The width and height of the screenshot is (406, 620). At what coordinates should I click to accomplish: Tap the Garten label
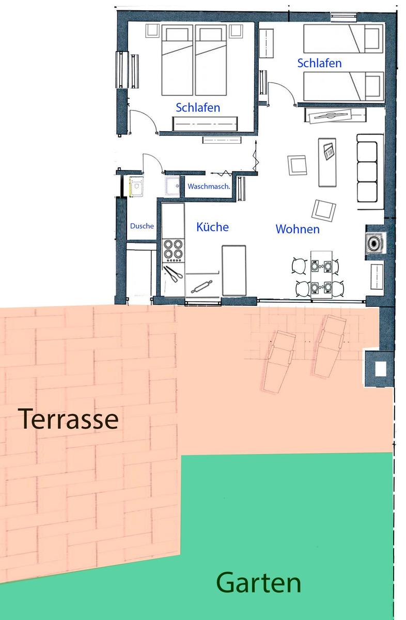258,583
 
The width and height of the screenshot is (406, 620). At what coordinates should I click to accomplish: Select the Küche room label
212,227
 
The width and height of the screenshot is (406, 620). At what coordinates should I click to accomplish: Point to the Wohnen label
298,229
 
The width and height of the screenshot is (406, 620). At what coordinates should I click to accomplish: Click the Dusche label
142,226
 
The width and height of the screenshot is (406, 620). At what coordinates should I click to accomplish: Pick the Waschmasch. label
209,187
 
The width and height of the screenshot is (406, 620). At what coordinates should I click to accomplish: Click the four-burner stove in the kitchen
173,251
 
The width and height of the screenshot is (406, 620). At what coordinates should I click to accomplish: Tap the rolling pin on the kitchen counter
201,286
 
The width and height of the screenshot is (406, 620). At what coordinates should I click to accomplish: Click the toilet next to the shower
136,187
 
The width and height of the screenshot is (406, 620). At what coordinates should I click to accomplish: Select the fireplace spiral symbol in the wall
375,243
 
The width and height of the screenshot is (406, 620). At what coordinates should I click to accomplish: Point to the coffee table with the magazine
327,162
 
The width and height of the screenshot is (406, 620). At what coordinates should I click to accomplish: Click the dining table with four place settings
321,274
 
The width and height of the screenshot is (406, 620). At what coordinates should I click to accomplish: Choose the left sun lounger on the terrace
279,362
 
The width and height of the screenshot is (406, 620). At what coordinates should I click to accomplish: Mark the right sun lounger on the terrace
330,346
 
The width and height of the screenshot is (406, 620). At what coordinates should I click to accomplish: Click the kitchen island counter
234,270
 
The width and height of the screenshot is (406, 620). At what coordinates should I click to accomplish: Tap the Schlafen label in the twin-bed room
319,63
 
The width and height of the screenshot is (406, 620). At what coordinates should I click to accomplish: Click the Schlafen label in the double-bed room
198,107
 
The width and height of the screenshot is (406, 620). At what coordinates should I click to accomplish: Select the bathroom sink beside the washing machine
173,186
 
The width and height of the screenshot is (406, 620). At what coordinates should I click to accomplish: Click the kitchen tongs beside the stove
173,274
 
